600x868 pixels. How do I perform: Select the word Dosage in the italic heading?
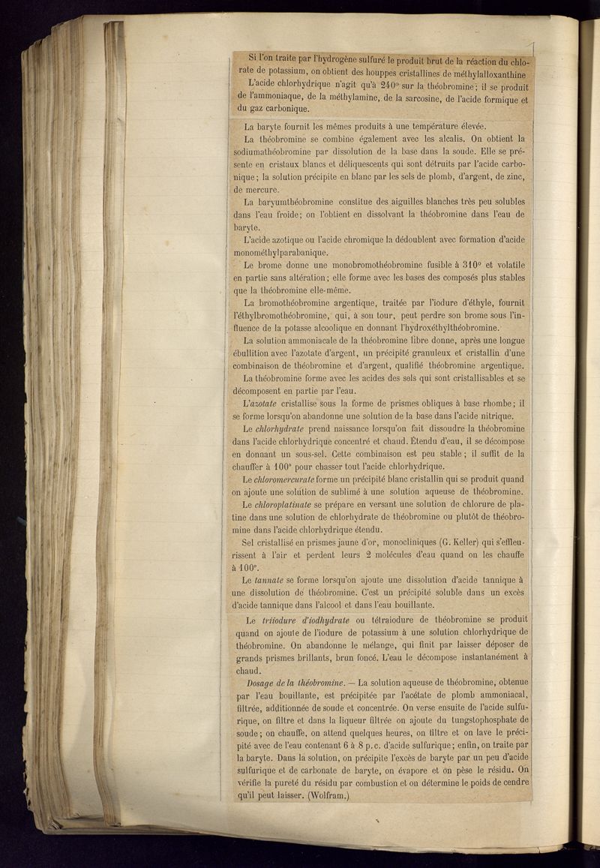click(x=262, y=683)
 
